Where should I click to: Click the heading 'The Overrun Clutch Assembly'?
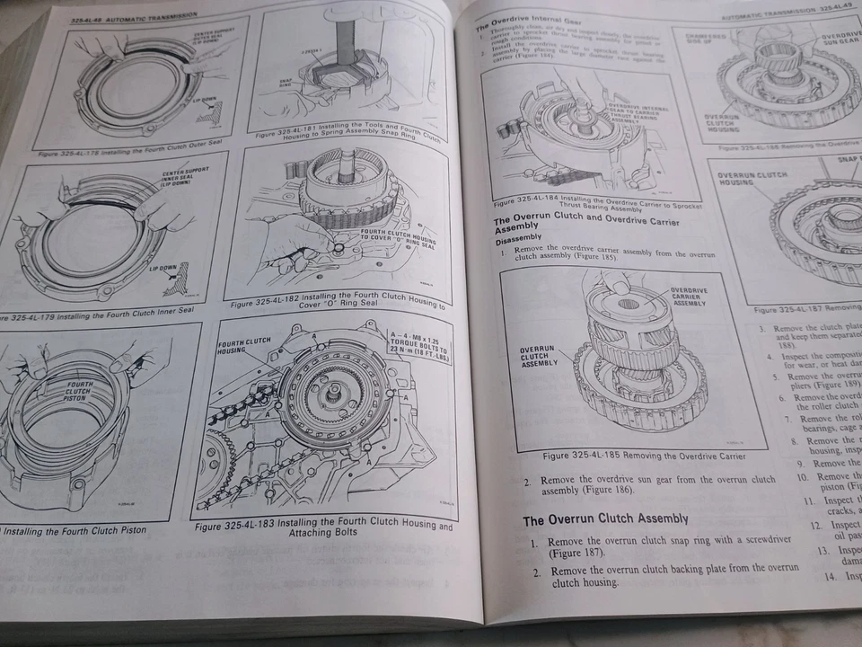[605, 518]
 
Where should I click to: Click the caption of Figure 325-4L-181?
[347, 138]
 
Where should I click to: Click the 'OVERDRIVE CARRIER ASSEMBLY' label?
[689, 297]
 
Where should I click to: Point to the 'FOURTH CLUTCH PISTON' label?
[78, 392]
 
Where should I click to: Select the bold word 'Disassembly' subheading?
[521, 240]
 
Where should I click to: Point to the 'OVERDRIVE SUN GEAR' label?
[840, 40]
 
